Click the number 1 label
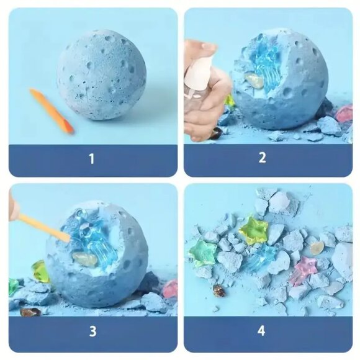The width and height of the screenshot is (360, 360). point(92,159)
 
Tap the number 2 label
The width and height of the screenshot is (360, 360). point(262,158)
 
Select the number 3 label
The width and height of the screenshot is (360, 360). point(92,331)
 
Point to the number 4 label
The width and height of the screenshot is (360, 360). point(261,331)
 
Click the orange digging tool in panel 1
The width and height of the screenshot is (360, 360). point(52,110)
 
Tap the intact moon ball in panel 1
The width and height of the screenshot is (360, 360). point(101,74)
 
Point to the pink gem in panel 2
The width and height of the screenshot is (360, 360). point(344,114)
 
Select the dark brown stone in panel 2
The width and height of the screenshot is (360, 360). point(216,133)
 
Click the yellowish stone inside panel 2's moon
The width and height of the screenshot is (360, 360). point(254,80)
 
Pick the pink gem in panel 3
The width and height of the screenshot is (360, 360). point(170,289)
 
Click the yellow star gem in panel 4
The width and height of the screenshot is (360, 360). point(253,229)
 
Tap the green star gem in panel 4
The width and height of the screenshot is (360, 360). point(203,253)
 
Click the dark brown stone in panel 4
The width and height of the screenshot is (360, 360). point(219,291)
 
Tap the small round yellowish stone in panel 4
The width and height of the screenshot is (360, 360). point(317,248)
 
